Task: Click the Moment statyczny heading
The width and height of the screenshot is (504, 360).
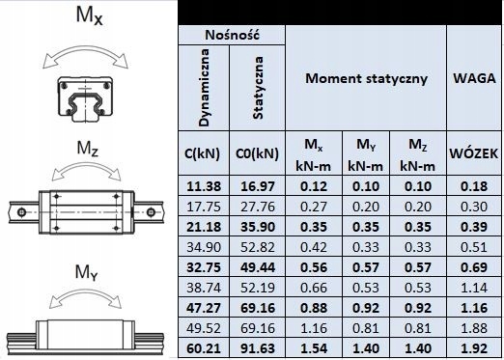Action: tap(366, 77)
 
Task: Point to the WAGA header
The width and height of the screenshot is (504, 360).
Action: tap(474, 77)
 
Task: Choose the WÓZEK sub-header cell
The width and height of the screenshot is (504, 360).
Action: tap(473, 153)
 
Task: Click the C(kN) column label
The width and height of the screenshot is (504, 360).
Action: tap(204, 153)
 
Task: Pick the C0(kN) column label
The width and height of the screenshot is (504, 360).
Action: tap(258, 153)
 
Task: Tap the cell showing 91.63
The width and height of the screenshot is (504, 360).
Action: tap(258, 346)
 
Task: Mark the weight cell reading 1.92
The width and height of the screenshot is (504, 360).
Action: tap(473, 346)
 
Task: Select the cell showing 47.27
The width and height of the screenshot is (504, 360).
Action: tap(204, 306)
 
